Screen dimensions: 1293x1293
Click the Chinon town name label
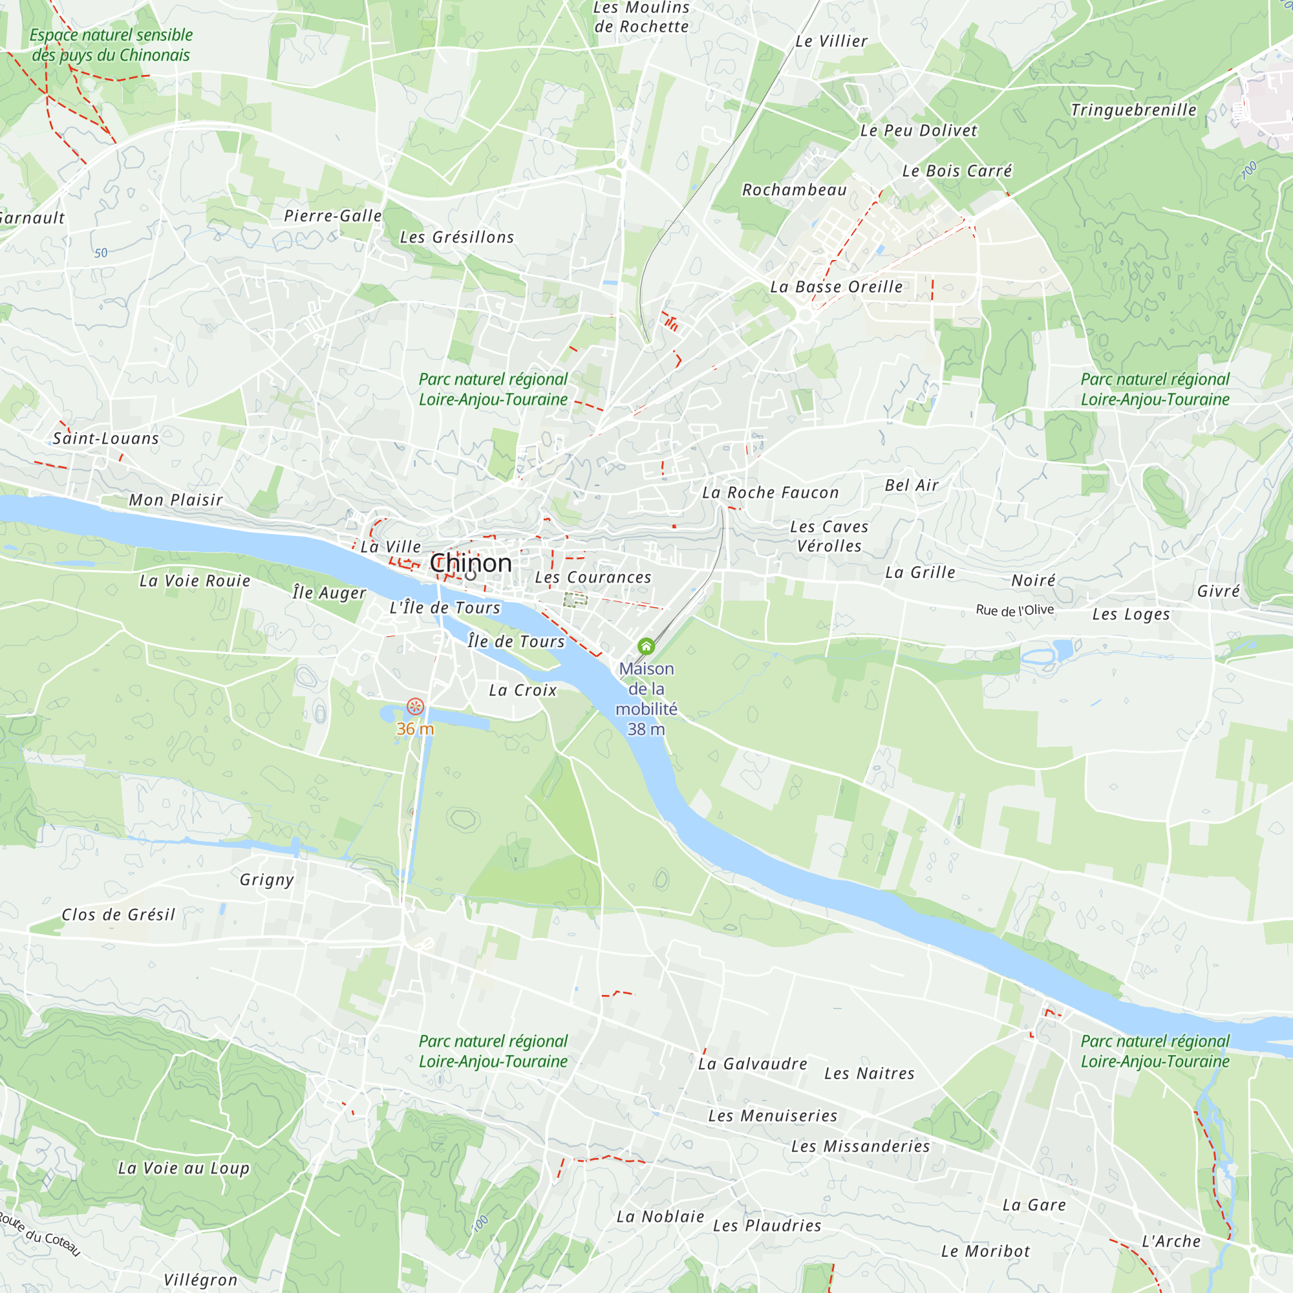(x=471, y=563)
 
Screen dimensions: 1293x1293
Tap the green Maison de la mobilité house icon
(x=646, y=646)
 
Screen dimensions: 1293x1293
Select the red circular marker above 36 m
(x=415, y=706)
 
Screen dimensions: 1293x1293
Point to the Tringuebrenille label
(x=1133, y=110)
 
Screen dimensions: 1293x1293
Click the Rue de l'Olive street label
(x=1014, y=610)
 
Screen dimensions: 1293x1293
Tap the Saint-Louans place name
(x=106, y=438)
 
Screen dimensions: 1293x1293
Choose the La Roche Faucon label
(x=771, y=493)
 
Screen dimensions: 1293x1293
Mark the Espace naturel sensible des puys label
(x=111, y=45)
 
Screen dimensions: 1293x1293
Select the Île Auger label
(x=329, y=592)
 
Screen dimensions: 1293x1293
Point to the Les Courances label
(x=593, y=577)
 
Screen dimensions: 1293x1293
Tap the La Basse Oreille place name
(x=836, y=287)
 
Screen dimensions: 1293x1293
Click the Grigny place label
(x=267, y=879)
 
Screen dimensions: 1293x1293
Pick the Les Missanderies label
(x=860, y=1146)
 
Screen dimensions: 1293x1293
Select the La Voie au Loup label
(x=184, y=1168)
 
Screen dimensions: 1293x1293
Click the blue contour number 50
(x=100, y=253)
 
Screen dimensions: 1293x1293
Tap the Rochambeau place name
(x=795, y=190)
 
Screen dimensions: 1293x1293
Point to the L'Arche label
(x=1171, y=1241)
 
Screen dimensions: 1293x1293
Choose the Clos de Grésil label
(x=118, y=914)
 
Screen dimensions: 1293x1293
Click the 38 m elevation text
(x=646, y=729)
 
